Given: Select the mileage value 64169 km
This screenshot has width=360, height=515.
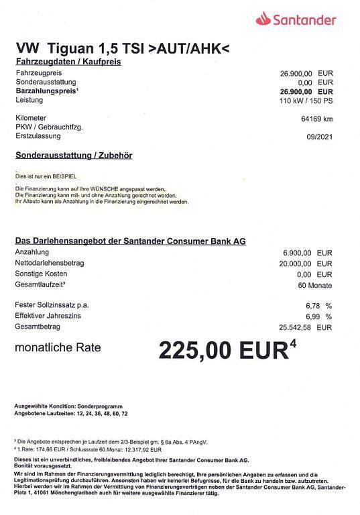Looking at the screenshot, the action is click(316, 119).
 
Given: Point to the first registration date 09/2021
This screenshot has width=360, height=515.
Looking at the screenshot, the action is click(320, 136).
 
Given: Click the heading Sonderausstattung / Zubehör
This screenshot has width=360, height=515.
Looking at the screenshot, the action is click(74, 155).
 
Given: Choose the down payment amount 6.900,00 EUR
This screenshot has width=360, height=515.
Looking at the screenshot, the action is click(308, 252).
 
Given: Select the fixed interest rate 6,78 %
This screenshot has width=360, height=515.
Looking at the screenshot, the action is click(318, 306).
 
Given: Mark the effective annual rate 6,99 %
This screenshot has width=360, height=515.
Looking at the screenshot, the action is click(318, 316).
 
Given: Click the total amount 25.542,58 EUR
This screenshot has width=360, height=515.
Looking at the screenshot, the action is click(306, 327).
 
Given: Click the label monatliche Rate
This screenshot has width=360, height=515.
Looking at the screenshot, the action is click(58, 347).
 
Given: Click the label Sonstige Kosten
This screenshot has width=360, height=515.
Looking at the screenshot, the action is click(42, 274).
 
